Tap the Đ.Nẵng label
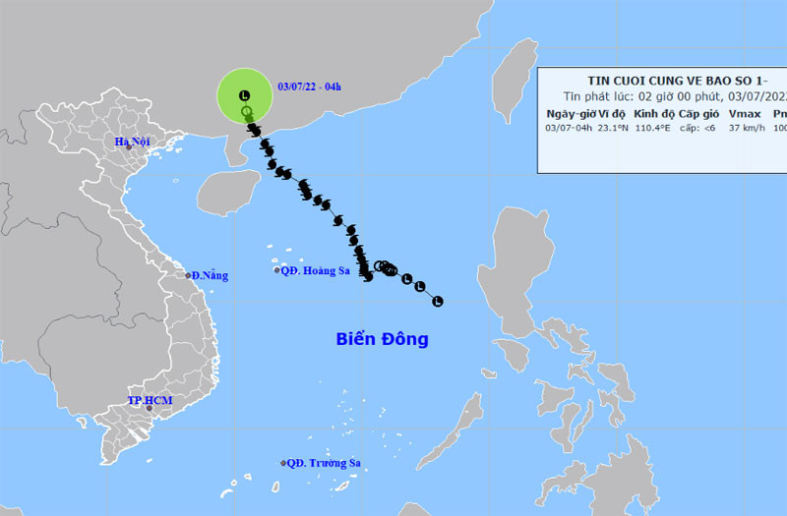coord(211,275)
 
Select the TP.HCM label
coord(149,401)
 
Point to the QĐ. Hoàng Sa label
coord(315,271)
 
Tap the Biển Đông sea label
coord(382,340)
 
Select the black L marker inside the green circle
coord(245,94)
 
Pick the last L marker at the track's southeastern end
coord(438,300)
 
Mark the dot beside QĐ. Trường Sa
coord(283,463)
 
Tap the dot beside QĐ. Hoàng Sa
coord(276,271)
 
